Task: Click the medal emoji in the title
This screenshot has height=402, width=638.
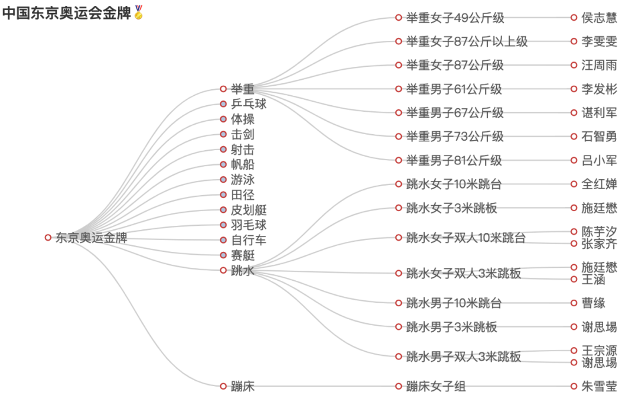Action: click(139, 12)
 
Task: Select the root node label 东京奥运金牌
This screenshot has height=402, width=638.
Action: click(92, 238)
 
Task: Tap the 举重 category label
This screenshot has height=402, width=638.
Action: click(243, 89)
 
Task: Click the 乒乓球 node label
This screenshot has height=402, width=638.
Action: click(249, 104)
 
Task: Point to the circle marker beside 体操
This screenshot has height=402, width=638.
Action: click(223, 119)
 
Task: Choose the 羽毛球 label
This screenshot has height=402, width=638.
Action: click(249, 225)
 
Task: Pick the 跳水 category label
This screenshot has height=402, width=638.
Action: click(243, 271)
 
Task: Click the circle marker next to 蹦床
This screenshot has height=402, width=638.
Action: click(223, 387)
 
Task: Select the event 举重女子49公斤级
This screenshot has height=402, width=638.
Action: click(455, 18)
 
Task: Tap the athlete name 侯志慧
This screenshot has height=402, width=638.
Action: click(599, 18)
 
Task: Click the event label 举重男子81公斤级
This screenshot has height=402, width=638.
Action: click(454, 160)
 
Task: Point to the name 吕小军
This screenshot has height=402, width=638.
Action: click(599, 160)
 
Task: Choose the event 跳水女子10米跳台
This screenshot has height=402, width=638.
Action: click(454, 184)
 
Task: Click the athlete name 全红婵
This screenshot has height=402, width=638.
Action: click(599, 184)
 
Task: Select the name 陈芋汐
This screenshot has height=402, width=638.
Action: click(599, 232)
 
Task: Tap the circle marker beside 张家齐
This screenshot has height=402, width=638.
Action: click(574, 244)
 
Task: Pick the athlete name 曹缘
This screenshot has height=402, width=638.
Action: click(593, 303)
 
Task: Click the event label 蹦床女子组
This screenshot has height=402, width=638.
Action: click(436, 387)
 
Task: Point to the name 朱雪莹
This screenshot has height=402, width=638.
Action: click(599, 387)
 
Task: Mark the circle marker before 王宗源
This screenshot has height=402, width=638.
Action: click(574, 351)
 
